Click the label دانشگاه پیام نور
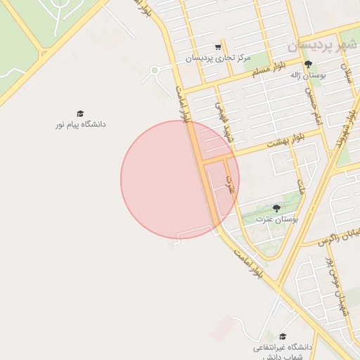tap(81, 124)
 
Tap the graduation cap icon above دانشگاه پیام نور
tap(80, 113)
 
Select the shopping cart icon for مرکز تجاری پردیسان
tap(219, 47)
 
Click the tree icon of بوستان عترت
tap(276, 209)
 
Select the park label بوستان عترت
tap(276, 219)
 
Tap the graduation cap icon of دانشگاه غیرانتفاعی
tap(283, 337)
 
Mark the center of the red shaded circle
tap(180, 179)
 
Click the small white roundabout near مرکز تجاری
tap(154, 70)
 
